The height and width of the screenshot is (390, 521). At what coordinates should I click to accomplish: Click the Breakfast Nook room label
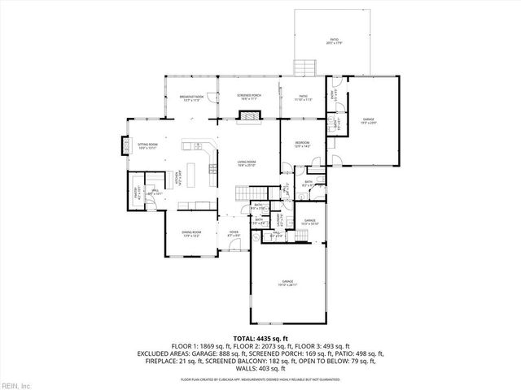pos(192,99)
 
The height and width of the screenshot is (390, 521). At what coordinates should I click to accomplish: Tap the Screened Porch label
pos(249,97)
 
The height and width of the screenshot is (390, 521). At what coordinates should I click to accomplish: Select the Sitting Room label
pos(147,146)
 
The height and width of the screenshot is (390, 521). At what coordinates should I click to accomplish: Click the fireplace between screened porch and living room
pos(248,118)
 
